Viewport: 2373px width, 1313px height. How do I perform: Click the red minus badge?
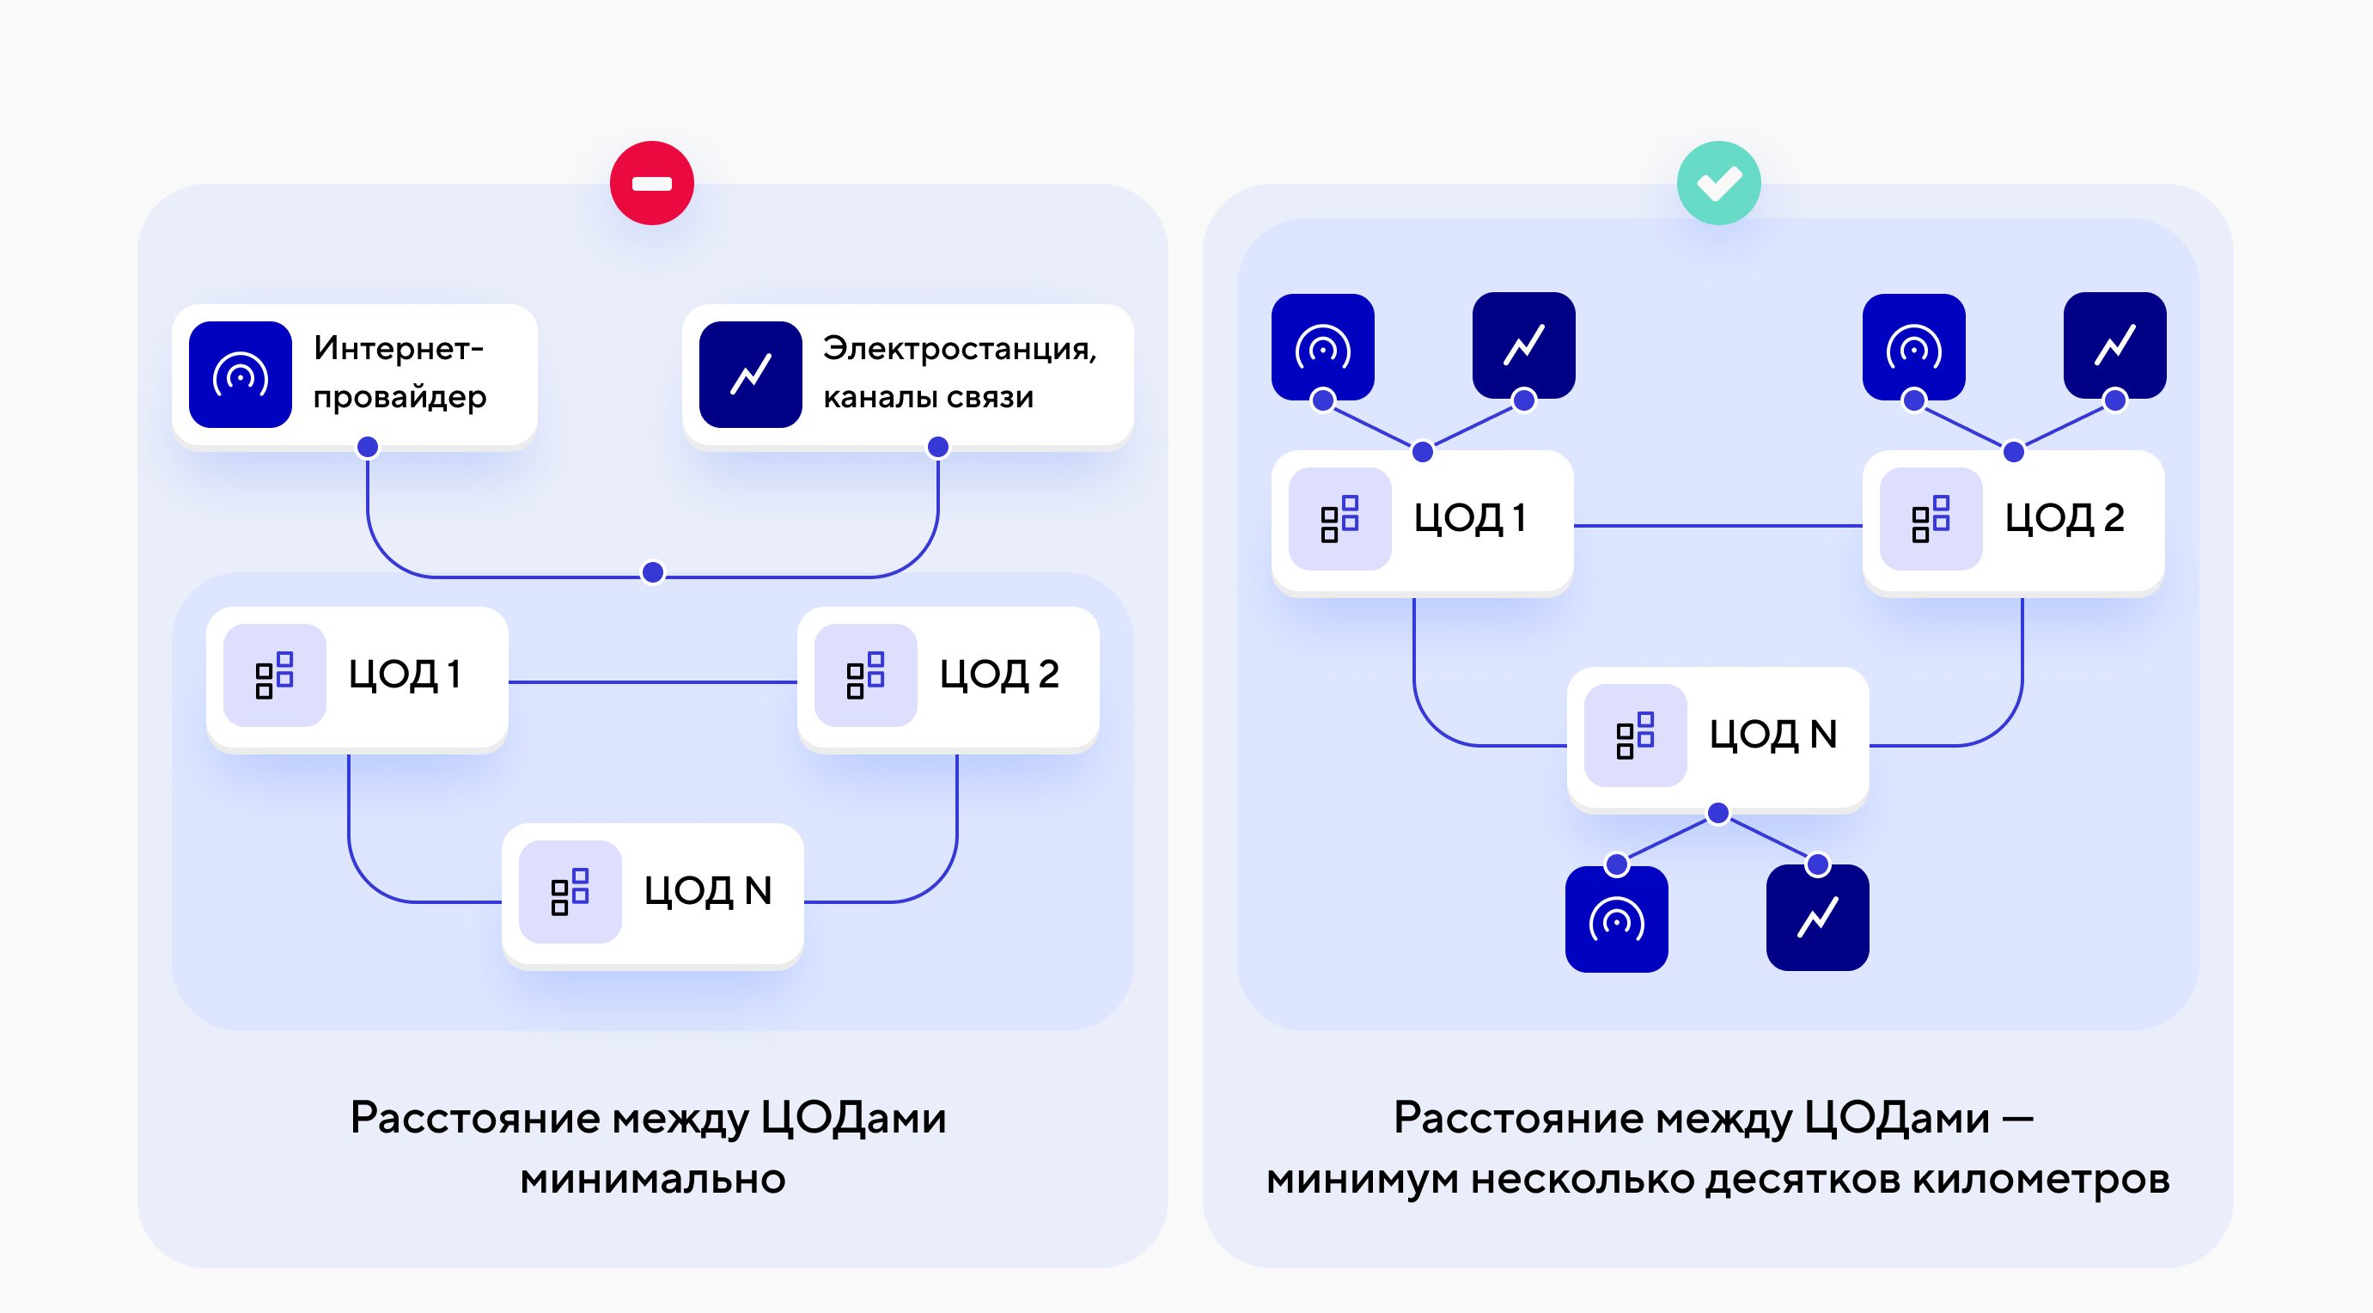coord(651,183)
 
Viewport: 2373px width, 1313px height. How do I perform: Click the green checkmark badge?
coord(1718,183)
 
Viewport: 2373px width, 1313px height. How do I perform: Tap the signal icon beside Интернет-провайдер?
coord(241,374)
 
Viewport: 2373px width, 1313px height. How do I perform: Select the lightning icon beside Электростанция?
coord(751,374)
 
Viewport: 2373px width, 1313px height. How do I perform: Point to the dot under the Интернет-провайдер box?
coord(368,447)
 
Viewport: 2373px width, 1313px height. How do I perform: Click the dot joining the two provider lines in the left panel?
coord(652,572)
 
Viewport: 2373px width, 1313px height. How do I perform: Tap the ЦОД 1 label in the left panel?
coord(405,675)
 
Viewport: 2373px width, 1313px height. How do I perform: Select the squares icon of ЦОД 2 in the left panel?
coord(865,675)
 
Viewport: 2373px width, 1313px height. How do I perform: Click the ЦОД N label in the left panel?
coord(707,891)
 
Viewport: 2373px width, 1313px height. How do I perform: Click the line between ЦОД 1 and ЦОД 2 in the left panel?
coord(652,681)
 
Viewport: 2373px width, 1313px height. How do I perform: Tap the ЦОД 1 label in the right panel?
coord(1470,518)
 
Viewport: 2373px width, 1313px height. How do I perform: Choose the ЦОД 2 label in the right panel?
coord(2065,518)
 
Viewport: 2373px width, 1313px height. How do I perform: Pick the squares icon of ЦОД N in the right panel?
coord(1635,736)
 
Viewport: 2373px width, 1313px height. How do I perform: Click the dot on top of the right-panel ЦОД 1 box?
coord(1422,451)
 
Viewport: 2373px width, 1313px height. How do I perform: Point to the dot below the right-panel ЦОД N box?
coord(1718,814)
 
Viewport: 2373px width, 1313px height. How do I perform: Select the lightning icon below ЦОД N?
coord(1817,918)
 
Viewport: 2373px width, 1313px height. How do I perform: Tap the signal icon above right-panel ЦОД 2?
coord(1914,346)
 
